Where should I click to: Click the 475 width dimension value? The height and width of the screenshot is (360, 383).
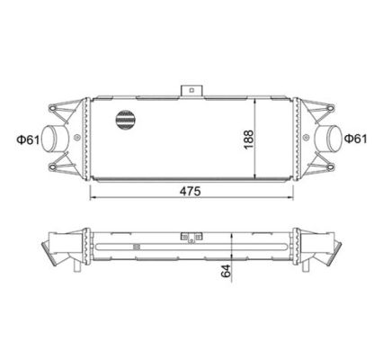[190, 191]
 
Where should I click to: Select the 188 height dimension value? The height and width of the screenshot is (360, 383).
[249, 139]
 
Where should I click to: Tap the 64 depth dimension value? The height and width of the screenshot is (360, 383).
[226, 271]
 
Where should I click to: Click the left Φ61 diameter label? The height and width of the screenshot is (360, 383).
[28, 139]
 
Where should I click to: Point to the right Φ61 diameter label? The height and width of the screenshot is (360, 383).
[355, 139]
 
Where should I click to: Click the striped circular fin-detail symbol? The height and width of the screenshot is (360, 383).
[125, 120]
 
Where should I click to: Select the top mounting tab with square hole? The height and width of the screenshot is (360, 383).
[191, 91]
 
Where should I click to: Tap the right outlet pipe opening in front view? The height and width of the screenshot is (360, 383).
[334, 139]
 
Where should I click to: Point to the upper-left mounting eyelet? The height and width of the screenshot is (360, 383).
[52, 108]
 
